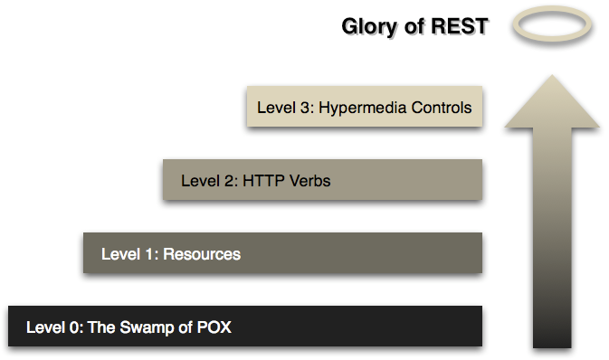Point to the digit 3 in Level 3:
pos(301,108)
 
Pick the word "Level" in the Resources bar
pos(119,254)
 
